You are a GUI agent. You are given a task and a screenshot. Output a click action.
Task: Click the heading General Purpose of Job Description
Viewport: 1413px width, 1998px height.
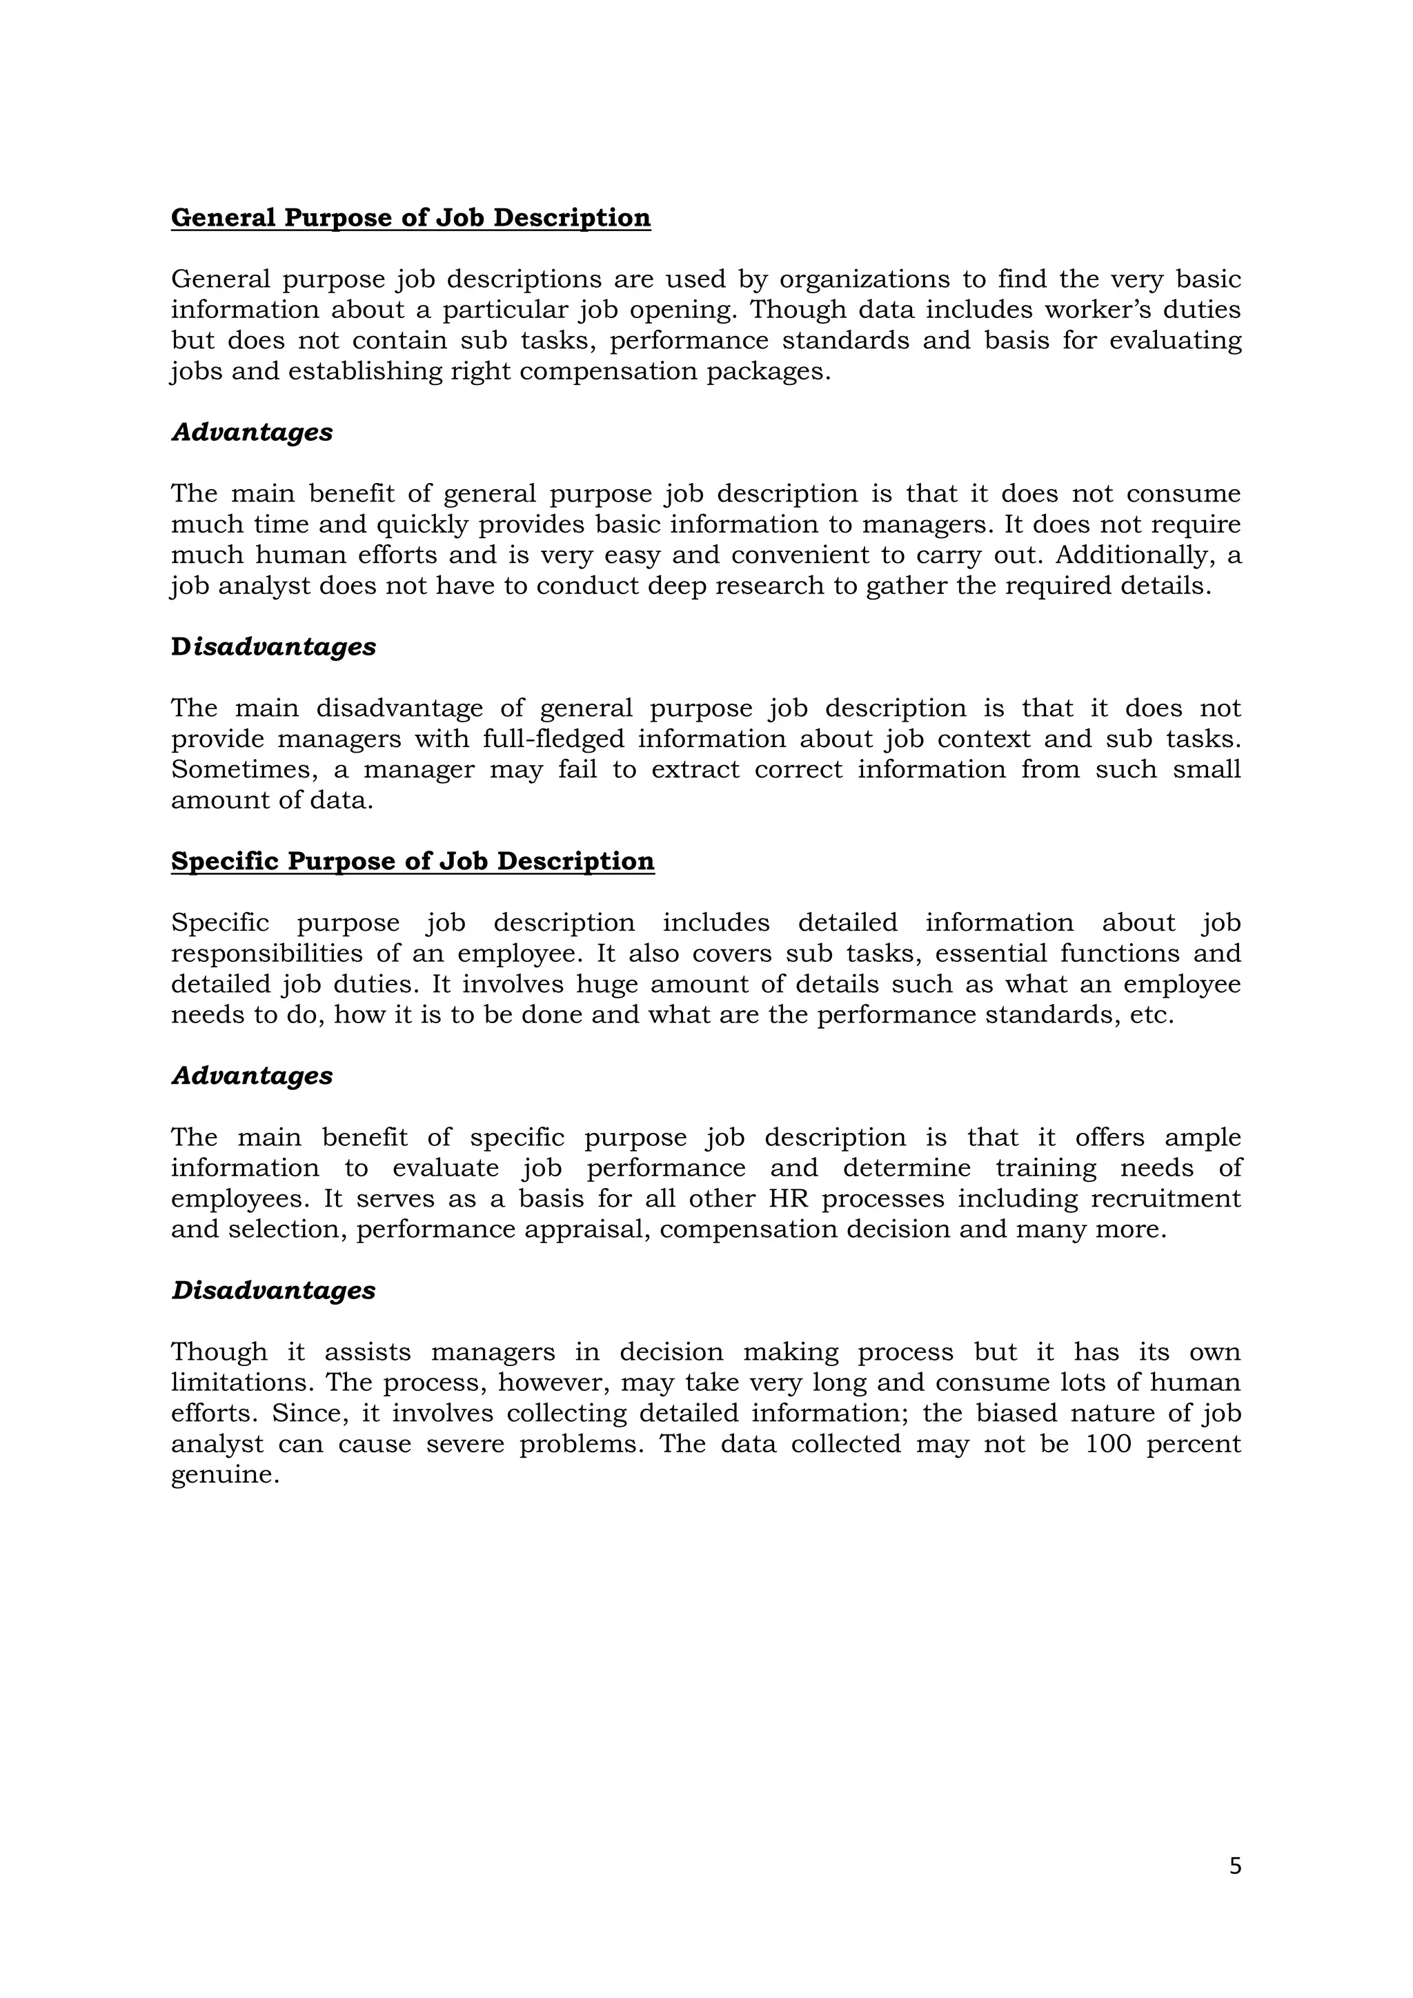coord(411,217)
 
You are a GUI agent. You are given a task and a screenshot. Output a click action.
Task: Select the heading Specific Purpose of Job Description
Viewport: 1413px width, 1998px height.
coord(413,862)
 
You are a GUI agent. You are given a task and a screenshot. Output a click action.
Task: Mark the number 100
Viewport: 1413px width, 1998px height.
coord(1107,1445)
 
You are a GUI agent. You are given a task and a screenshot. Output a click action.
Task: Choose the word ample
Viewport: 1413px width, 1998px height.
coord(1203,1138)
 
